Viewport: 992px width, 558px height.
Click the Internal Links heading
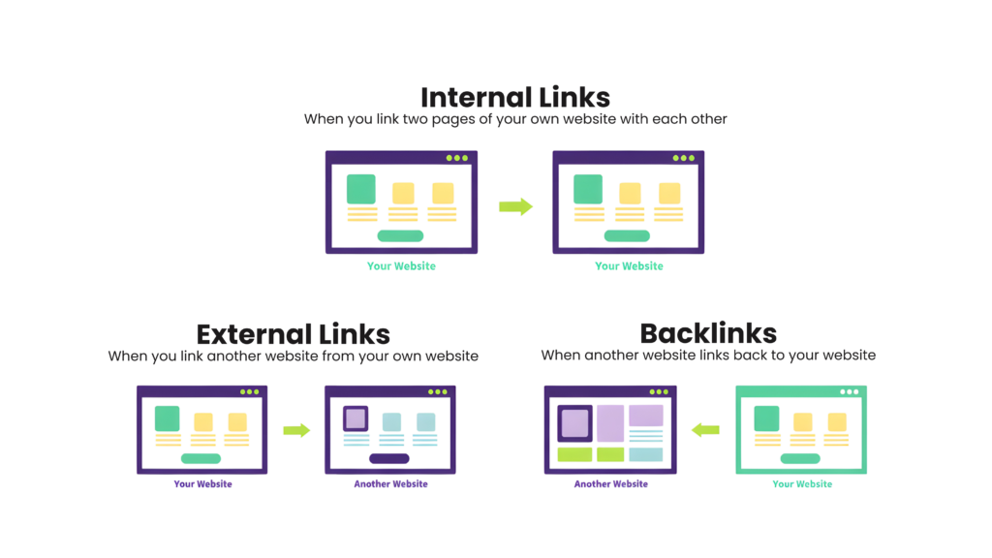click(514, 97)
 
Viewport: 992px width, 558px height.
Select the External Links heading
click(293, 334)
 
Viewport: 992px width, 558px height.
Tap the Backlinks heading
click(707, 333)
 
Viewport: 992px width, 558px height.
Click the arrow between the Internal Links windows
click(515, 206)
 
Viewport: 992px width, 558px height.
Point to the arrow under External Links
click(296, 430)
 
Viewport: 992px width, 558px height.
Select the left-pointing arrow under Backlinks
click(705, 429)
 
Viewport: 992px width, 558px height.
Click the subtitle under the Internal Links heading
click(514, 119)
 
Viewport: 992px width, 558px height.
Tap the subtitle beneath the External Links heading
click(293, 356)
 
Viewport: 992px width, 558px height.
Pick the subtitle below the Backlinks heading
click(707, 356)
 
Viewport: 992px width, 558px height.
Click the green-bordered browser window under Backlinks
click(800, 430)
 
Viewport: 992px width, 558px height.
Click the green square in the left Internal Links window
click(361, 189)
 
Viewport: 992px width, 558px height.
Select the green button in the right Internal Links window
click(627, 235)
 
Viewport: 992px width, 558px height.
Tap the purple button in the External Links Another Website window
click(389, 458)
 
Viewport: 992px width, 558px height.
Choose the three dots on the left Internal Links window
click(456, 158)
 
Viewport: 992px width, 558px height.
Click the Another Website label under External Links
click(389, 484)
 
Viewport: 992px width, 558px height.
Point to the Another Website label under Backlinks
click(610, 483)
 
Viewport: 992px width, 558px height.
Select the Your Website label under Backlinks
click(801, 483)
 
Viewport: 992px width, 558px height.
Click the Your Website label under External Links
click(202, 484)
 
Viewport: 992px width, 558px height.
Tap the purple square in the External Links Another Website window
click(356, 418)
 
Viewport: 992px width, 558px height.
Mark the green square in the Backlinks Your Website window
click(766, 418)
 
